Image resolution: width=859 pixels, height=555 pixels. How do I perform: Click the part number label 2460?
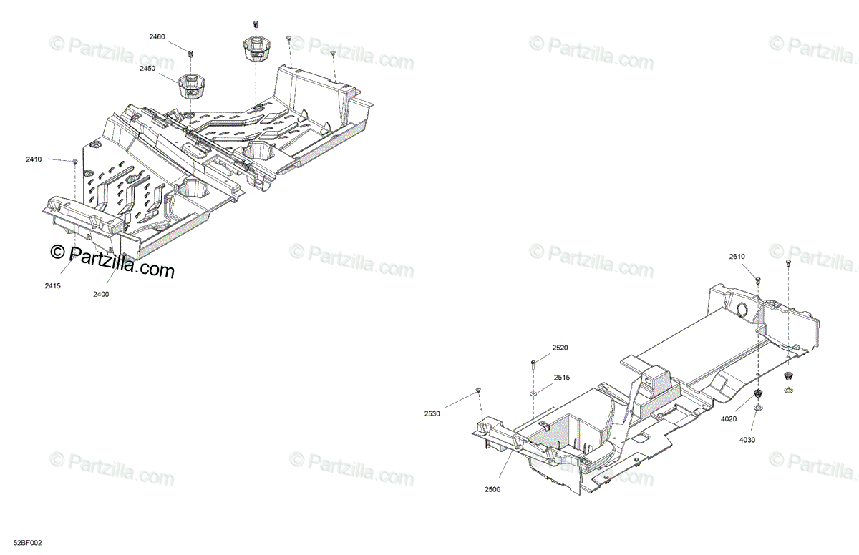(x=157, y=36)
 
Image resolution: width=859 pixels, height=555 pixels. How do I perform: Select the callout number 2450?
(x=147, y=68)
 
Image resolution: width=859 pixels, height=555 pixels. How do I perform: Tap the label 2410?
(x=34, y=159)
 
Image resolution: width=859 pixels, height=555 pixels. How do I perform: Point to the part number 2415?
(x=52, y=286)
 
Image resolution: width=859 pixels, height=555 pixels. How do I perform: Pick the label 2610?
(x=737, y=257)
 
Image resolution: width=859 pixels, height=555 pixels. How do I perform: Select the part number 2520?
(x=560, y=348)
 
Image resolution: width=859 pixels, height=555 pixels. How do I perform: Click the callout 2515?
(x=562, y=378)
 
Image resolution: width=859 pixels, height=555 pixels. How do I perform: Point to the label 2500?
(x=492, y=489)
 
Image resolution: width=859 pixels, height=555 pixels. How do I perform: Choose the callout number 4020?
(x=729, y=420)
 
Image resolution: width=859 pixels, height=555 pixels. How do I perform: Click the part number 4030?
(x=747, y=440)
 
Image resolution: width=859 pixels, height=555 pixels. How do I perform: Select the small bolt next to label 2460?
(x=191, y=53)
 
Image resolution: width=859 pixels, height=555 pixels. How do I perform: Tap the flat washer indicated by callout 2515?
(x=534, y=393)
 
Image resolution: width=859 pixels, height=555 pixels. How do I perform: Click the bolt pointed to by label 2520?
(x=534, y=363)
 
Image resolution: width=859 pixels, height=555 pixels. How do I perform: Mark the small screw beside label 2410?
(x=74, y=162)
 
